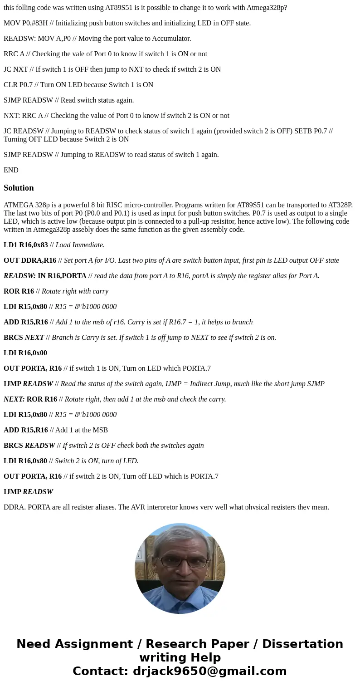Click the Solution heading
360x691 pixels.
tap(19, 188)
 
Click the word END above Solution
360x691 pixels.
tap(11, 170)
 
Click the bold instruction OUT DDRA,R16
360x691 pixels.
tap(30, 260)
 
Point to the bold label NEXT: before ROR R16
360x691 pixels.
tap(14, 399)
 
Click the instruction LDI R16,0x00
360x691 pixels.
tap(25, 353)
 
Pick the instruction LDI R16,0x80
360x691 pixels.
tap(25, 461)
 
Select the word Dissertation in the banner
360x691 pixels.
tap(302, 644)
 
